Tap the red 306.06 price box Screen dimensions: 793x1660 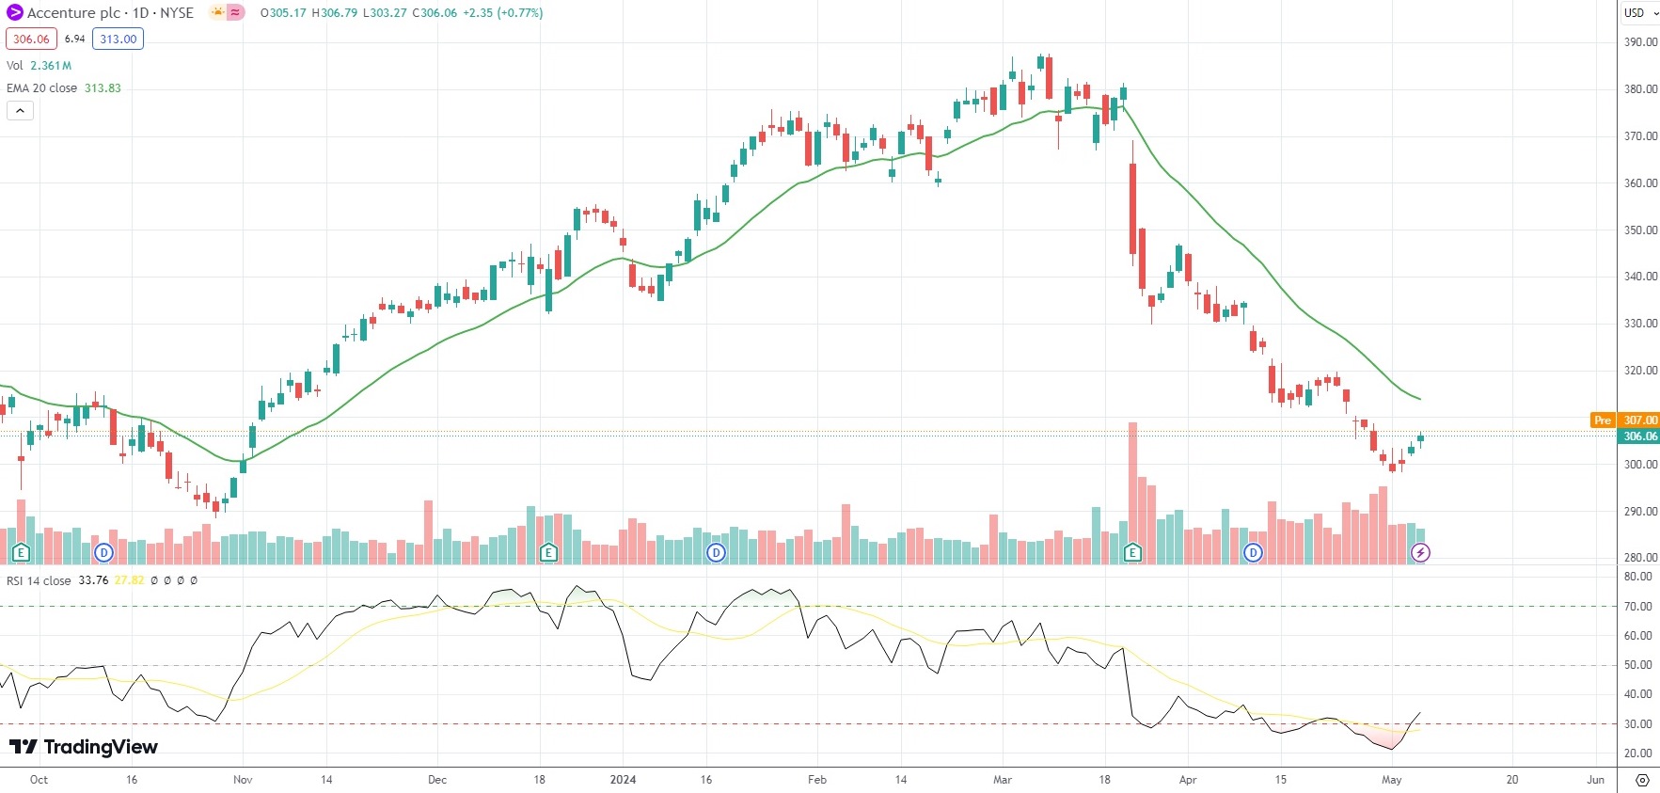click(31, 39)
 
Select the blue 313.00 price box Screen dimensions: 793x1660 click(118, 39)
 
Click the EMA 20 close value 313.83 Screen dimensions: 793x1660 click(103, 88)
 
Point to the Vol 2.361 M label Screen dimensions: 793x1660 click(39, 66)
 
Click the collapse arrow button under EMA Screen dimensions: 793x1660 click(20, 111)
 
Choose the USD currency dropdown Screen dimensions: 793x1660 click(1639, 13)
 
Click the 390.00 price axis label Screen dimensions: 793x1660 click(1640, 42)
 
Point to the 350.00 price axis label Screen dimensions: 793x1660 click(1640, 230)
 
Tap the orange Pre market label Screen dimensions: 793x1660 click(1602, 420)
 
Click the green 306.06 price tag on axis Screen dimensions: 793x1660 click(1639, 436)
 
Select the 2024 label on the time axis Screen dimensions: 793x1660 click(623, 780)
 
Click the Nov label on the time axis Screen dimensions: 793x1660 click(243, 780)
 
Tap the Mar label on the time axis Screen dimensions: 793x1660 click(1003, 780)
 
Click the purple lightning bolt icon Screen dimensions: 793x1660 click(1420, 553)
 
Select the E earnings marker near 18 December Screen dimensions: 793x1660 click(548, 553)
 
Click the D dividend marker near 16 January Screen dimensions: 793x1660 click(716, 553)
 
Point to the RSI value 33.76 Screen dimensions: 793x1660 click(93, 580)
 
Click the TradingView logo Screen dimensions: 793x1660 click(84, 747)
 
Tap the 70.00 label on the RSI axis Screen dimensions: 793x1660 click(1637, 607)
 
